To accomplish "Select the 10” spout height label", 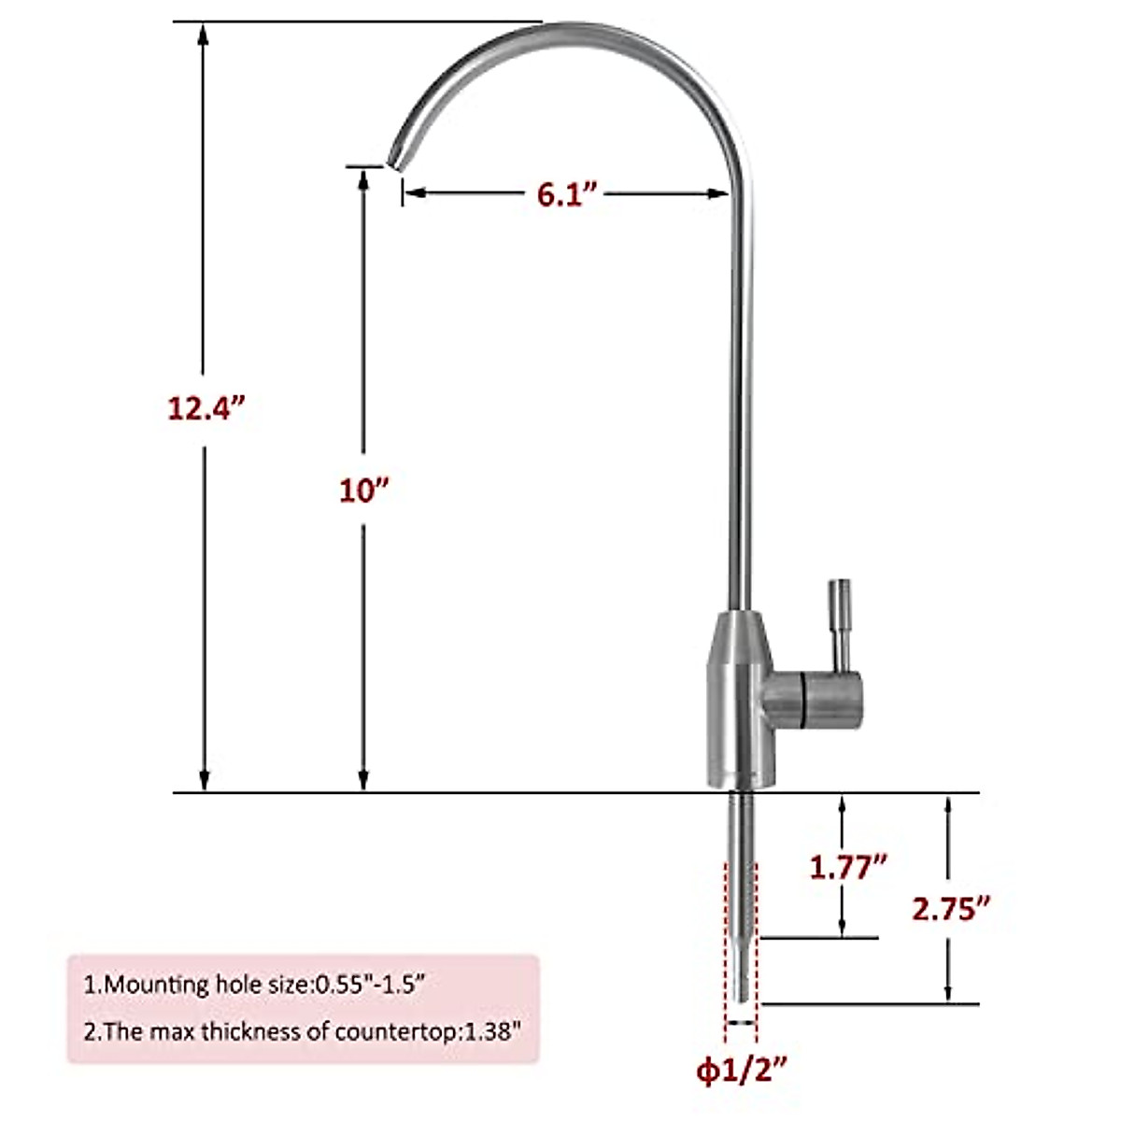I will coord(363,490).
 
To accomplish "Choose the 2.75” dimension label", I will coord(951,908).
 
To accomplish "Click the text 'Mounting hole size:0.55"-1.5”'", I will coord(265,984).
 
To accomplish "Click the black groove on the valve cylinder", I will coord(802,700).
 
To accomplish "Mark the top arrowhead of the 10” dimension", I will coord(363,177).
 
